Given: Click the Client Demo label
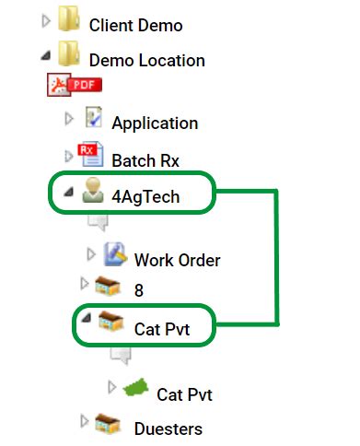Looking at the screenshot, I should (x=135, y=26).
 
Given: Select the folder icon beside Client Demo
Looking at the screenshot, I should (x=69, y=22).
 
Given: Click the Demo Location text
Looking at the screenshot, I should (x=146, y=61).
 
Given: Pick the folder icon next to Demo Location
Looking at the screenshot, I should (x=69, y=57).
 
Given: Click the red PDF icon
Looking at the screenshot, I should (x=75, y=87).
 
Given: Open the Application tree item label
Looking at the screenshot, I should (x=155, y=123).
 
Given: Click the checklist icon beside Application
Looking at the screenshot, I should (x=93, y=118).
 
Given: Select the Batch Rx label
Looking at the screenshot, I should (x=145, y=160).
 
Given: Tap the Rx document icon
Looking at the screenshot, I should (x=90, y=156).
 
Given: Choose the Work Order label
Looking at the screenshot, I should (x=177, y=259).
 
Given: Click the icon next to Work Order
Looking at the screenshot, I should (x=115, y=254).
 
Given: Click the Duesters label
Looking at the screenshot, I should (x=168, y=428).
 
